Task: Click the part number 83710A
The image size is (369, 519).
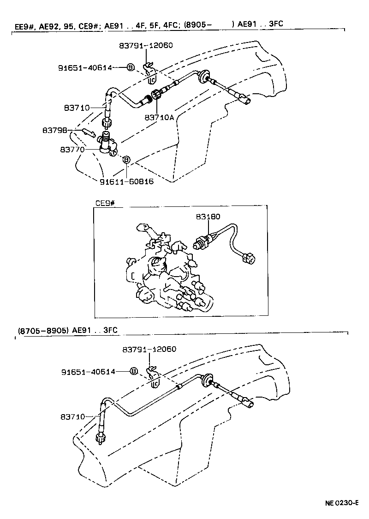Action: click(159, 117)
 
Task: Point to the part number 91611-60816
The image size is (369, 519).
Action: click(126, 181)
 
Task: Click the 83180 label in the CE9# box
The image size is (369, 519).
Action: click(208, 216)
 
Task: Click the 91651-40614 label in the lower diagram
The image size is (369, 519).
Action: click(89, 372)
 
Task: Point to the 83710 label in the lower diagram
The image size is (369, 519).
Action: click(72, 416)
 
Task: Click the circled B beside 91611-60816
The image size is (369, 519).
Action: click(126, 159)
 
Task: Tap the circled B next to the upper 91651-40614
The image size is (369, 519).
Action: click(131, 67)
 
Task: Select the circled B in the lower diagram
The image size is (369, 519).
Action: click(134, 371)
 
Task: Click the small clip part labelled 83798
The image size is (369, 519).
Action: click(89, 133)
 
